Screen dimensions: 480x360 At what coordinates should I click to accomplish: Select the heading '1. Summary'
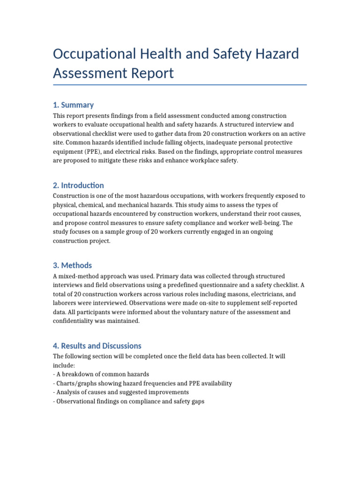pyautogui.click(x=73, y=105)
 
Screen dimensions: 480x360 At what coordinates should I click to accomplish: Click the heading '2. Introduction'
pyautogui.click(x=78, y=185)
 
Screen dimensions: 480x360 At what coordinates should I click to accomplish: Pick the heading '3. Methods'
pyautogui.click(x=72, y=265)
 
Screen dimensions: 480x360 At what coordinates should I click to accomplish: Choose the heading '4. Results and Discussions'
pyautogui.click(x=97, y=346)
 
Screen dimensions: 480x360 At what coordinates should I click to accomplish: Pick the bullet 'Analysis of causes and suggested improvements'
pyautogui.click(x=121, y=392)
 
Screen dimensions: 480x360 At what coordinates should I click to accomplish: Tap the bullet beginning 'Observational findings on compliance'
pyautogui.click(x=128, y=401)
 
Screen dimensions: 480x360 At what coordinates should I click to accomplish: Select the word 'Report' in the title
pyautogui.click(x=152, y=73)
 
